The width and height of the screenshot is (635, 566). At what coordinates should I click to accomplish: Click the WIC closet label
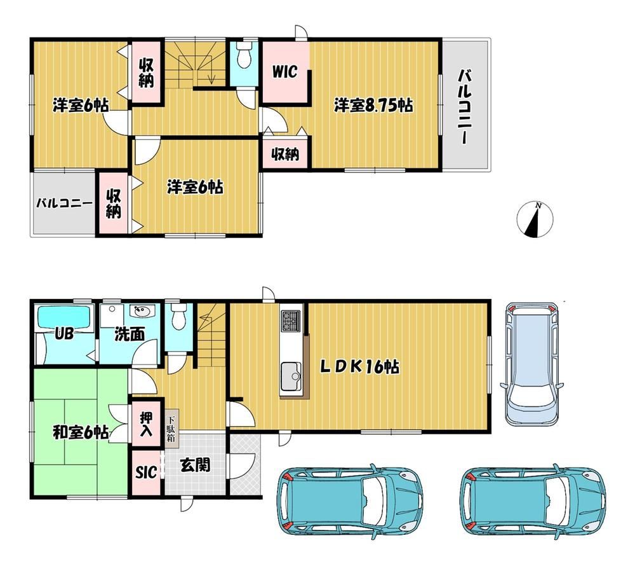pos(284,71)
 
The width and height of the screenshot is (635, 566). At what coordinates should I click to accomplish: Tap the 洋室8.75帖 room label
pos(373,106)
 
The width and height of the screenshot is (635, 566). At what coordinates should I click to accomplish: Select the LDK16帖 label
pos(360,367)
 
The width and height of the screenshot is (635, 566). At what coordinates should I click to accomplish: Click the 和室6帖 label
pos(81,432)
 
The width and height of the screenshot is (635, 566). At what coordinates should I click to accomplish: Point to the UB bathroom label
pos(64,334)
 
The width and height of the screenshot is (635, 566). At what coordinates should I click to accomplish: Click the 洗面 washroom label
pos(130,334)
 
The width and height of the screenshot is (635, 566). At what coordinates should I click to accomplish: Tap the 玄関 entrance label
pos(195,465)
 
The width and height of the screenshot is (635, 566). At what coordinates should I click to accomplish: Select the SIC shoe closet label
pos(146,472)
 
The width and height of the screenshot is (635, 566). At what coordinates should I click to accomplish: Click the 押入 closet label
pos(146,424)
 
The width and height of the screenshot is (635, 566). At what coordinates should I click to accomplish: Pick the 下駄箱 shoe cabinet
pos(171,427)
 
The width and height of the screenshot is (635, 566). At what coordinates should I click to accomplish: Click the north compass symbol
pos(535,219)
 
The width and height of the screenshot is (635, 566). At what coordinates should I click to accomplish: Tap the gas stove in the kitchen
pos(291,319)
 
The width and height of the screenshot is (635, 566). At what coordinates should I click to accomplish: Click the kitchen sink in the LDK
pos(291,376)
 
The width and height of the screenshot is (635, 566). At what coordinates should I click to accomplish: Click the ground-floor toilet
pos(178,316)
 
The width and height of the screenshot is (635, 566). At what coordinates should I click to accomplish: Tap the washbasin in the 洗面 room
pos(142,311)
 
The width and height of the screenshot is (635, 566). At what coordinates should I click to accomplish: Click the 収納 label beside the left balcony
pos(114,204)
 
